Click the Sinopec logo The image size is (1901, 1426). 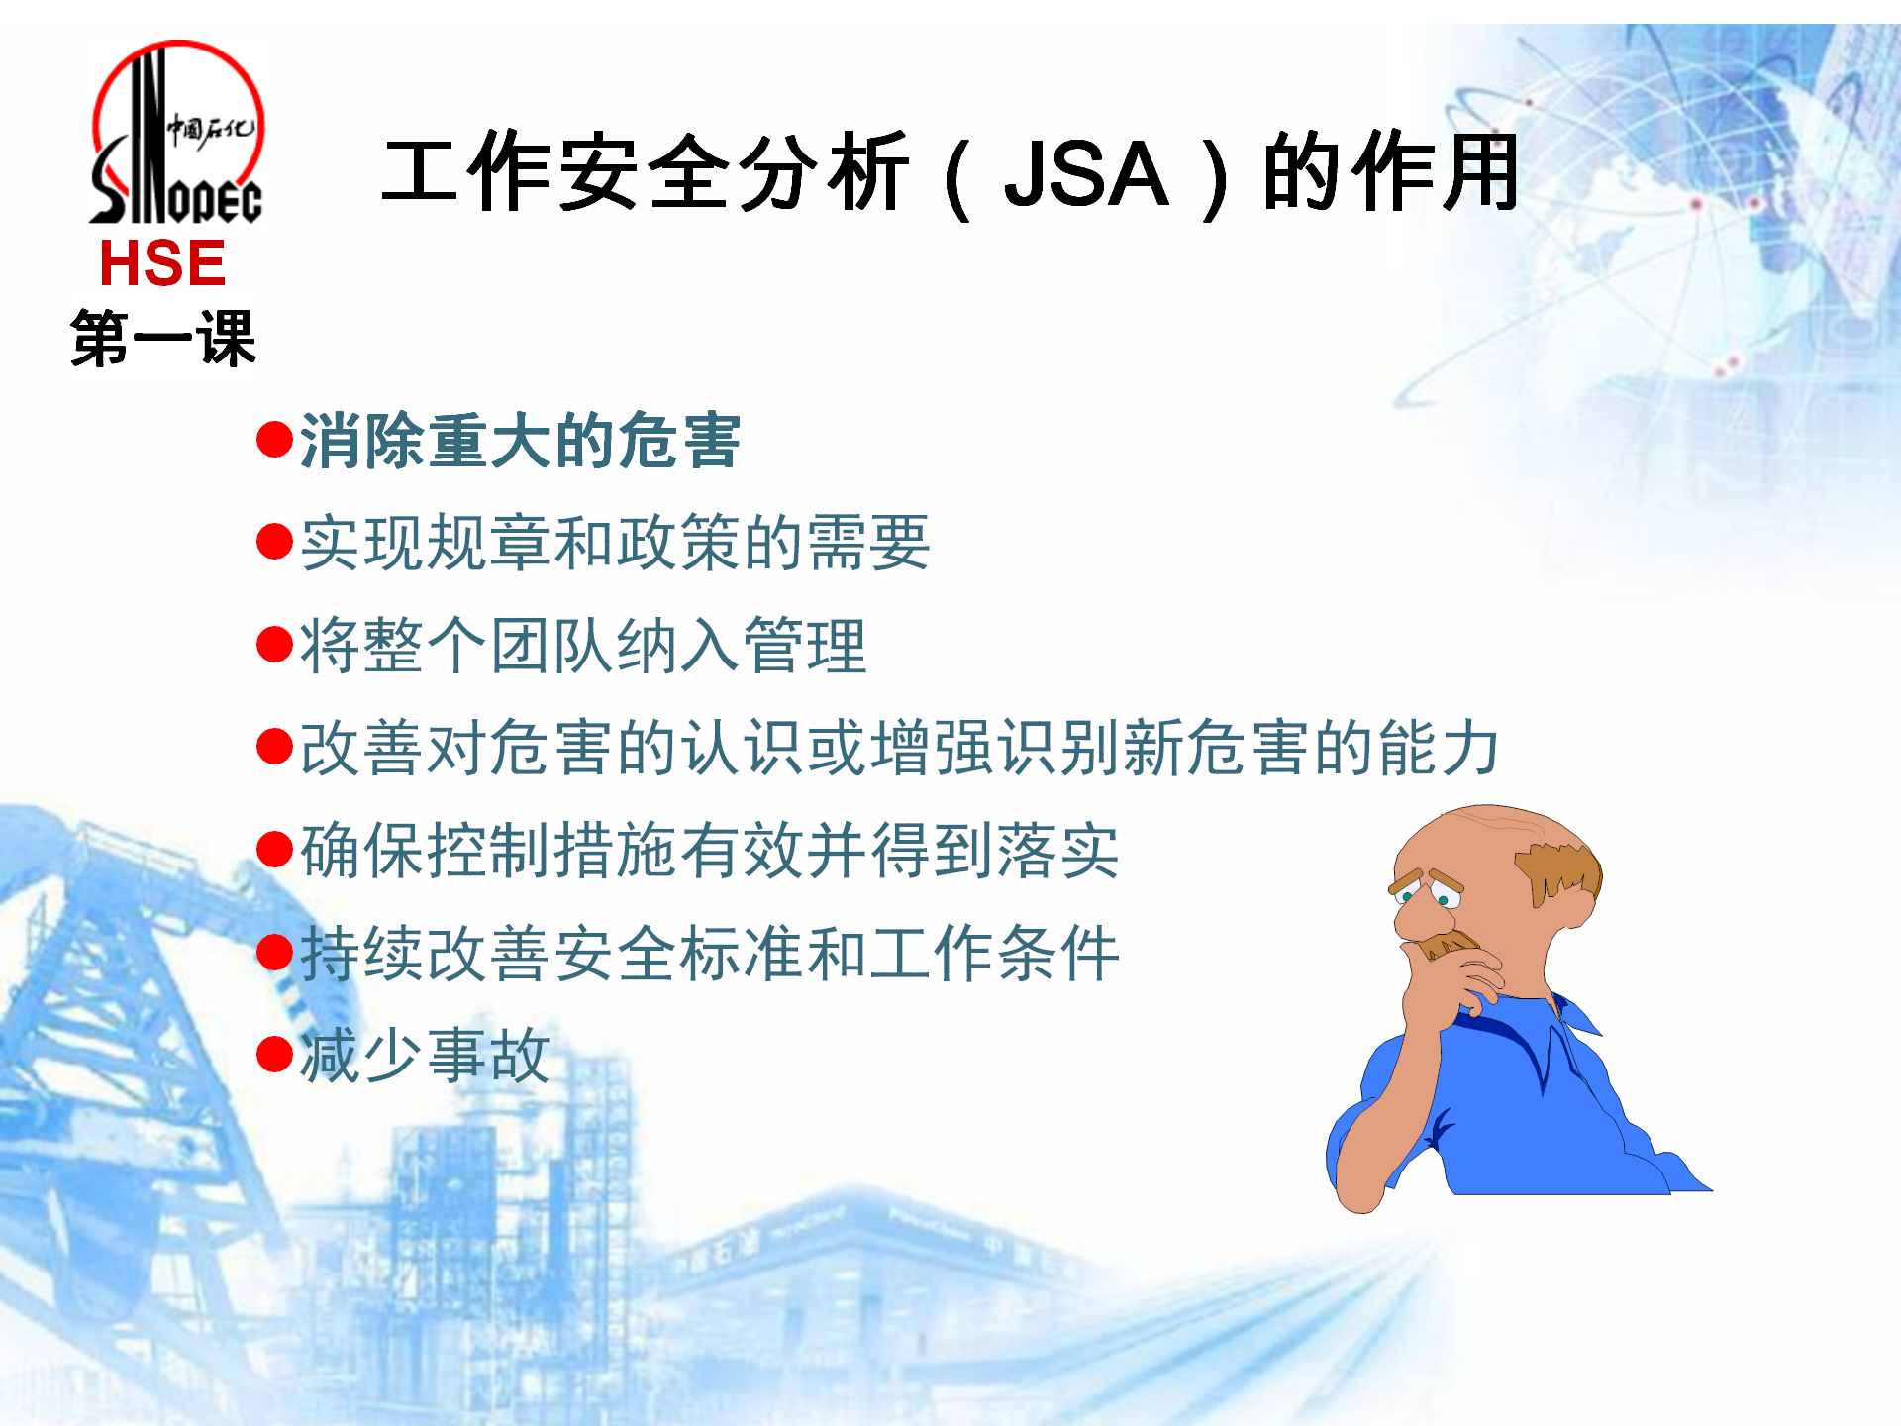click(176, 132)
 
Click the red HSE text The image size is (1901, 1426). click(162, 263)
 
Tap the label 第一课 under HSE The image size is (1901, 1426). click(163, 338)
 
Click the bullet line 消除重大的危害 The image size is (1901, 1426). click(520, 441)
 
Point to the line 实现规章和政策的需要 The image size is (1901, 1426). click(615, 543)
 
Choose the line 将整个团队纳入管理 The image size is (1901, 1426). click(583, 646)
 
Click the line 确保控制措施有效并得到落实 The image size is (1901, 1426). click(710, 851)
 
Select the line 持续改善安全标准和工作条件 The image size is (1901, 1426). click(710, 953)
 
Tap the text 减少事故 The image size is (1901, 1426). click(425, 1056)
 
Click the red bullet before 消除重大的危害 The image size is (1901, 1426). click(274, 440)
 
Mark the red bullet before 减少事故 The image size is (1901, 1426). click(274, 1055)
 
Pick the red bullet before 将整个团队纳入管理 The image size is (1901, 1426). click(274, 645)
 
